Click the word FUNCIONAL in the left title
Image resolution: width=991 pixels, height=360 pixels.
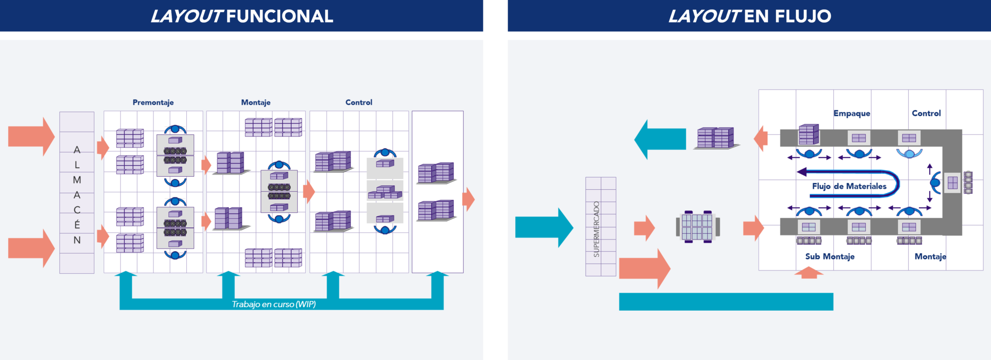(279, 16)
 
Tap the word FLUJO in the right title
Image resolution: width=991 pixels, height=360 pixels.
(803, 16)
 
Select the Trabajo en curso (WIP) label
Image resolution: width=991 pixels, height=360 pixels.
(273, 304)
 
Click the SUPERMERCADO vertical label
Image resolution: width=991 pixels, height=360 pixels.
(596, 229)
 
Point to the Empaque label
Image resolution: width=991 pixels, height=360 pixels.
(852, 113)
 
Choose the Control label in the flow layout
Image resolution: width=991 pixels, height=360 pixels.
(926, 113)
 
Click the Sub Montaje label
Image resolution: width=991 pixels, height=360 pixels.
(829, 256)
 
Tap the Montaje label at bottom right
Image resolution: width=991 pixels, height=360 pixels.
(930, 256)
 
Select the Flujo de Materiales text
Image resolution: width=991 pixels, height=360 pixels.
(849, 186)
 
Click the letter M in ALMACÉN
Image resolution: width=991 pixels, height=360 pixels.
(77, 180)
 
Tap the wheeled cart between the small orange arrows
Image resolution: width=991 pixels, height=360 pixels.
(697, 227)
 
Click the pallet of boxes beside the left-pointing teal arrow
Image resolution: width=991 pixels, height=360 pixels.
(716, 138)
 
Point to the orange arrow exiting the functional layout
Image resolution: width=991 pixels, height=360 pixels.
(468, 199)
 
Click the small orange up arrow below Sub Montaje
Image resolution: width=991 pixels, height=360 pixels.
(809, 273)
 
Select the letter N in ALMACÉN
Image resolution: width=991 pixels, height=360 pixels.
(77, 240)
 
